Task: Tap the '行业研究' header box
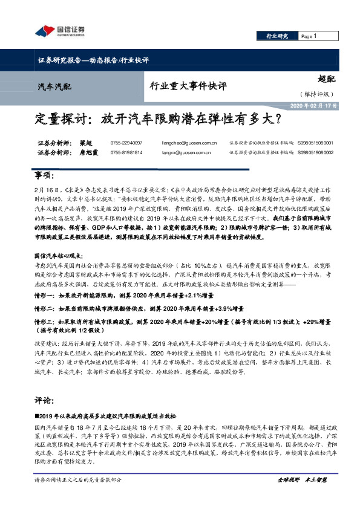[x=278, y=36]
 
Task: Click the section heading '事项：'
[x=44, y=175]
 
